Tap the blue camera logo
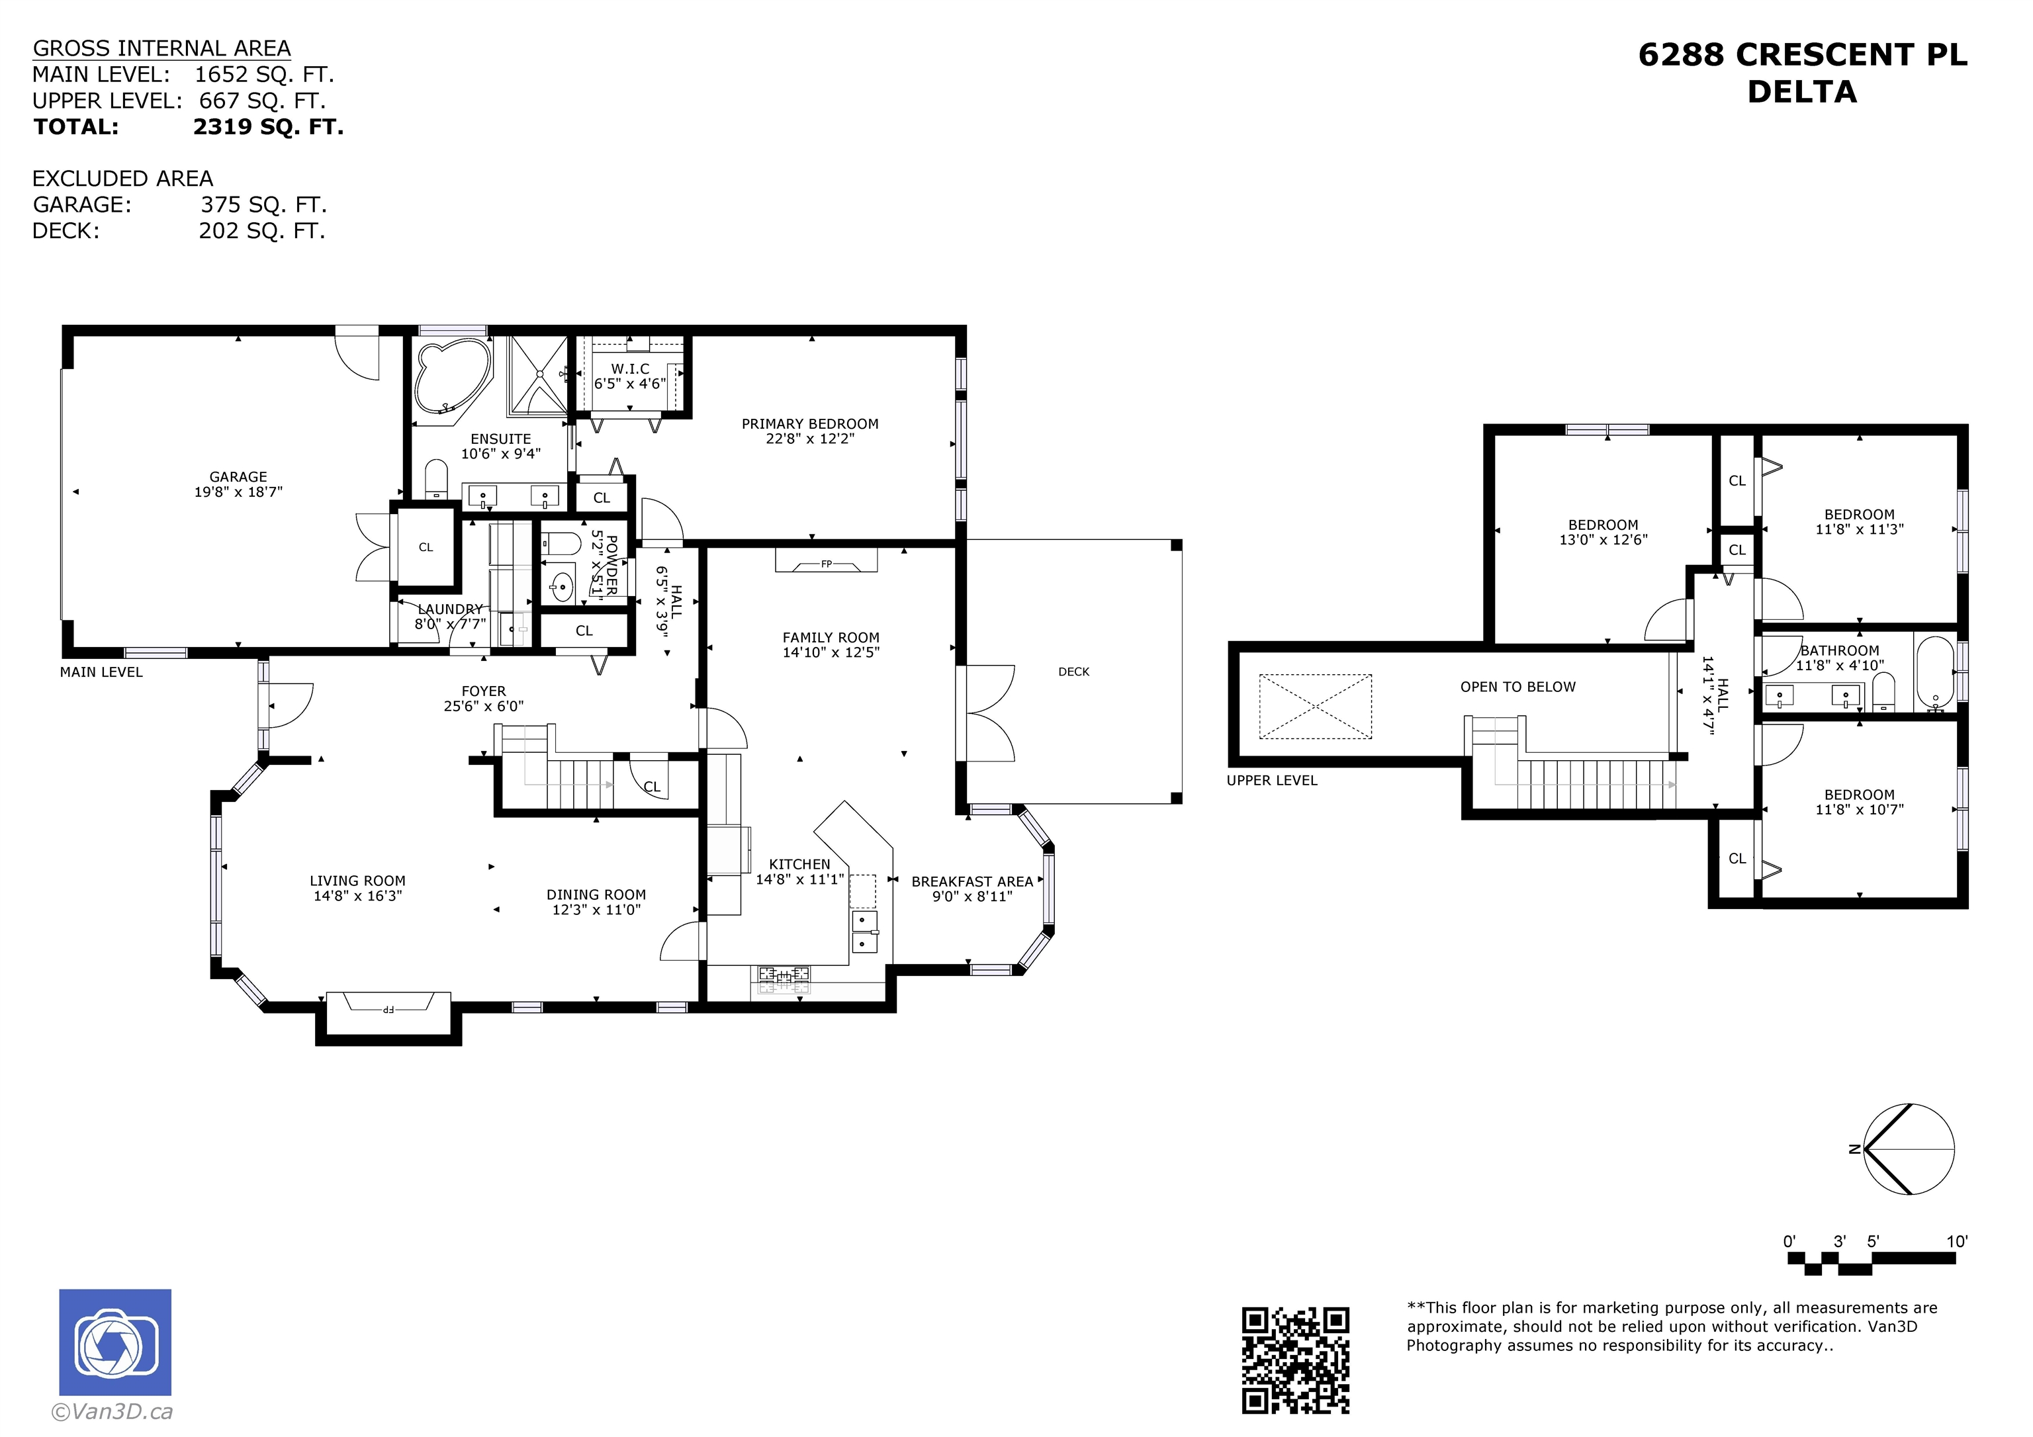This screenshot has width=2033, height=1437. (115, 1342)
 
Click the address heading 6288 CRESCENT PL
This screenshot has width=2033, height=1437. (1803, 55)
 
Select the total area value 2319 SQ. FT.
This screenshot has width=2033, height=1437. (268, 126)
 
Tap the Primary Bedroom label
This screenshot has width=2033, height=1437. (810, 424)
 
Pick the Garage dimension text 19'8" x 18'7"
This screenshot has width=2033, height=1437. (238, 492)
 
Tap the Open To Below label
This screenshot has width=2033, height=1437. (1517, 687)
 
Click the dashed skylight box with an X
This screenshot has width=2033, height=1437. (1316, 706)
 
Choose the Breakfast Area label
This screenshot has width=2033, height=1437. (972, 882)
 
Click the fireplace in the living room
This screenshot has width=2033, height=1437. (388, 1007)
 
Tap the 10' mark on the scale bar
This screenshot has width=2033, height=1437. (1957, 1241)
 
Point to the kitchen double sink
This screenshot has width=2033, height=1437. (864, 932)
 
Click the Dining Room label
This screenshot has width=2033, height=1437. (596, 895)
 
